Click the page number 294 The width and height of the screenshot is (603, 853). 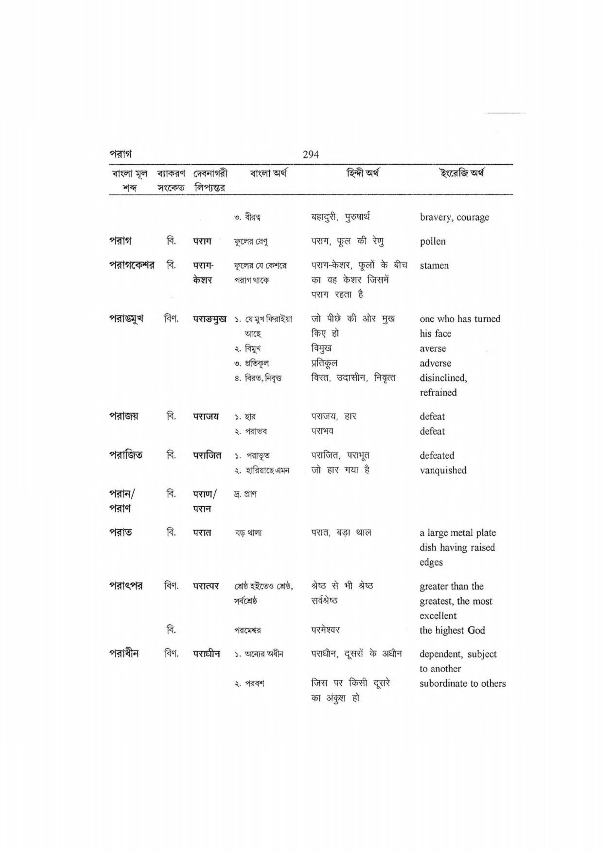311,154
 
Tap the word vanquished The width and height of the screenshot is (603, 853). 443,470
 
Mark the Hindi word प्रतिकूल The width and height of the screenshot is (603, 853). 324,363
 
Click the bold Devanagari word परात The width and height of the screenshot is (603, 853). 202,533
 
